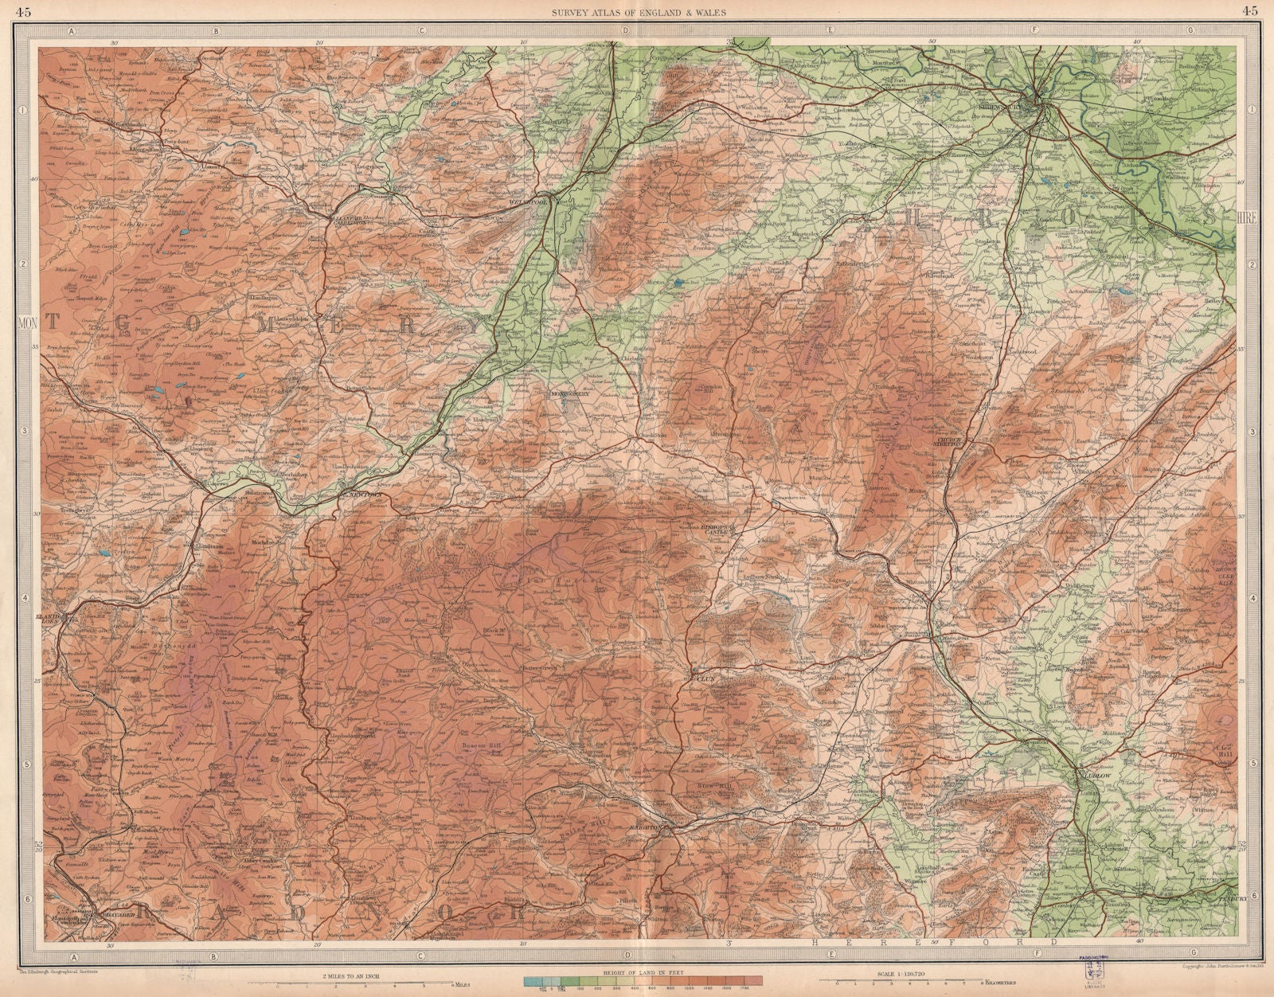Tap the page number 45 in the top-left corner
tap(25, 10)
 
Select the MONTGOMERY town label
tap(570, 393)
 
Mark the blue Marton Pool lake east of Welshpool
tap(676, 282)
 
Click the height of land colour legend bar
tap(642, 979)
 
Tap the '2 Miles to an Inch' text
tap(365, 972)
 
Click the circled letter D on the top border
tap(626, 30)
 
